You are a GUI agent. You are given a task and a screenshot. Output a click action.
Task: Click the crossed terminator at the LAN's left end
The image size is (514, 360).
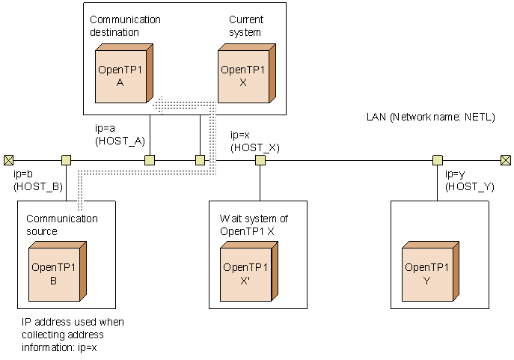tap(8, 159)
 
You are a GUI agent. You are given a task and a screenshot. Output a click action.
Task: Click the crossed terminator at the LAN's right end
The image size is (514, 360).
tap(506, 159)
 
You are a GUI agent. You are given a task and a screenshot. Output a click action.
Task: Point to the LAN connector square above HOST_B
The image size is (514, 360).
tap(66, 159)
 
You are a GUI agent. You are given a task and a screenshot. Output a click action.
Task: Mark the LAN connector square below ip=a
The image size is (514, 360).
tap(150, 159)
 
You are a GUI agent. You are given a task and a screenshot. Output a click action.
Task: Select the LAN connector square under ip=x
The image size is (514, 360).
tap(260, 159)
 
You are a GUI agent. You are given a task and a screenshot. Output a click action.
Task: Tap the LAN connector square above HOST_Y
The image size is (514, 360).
tap(438, 159)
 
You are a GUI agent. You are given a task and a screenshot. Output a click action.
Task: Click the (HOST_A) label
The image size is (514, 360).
tap(120, 140)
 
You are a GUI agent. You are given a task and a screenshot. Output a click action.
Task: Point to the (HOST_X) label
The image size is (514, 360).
tap(255, 147)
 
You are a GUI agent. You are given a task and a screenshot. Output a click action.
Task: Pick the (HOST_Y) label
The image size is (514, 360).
tap(470, 186)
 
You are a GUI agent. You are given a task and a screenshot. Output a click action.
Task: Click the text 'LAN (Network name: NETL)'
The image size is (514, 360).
tap(430, 118)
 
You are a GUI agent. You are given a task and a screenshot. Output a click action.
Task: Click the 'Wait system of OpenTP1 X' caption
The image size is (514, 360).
tap(254, 224)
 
